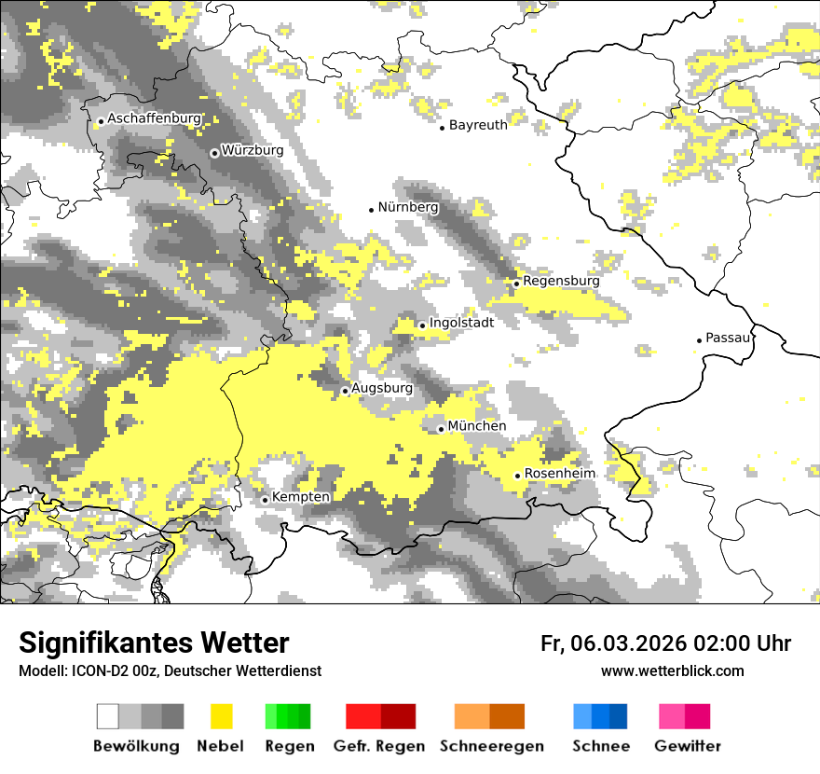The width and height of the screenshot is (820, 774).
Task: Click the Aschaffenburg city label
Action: click(154, 118)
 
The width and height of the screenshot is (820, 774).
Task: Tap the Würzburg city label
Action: click(252, 150)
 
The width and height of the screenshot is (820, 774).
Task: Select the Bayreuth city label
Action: click(478, 125)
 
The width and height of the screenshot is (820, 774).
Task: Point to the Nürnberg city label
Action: click(407, 207)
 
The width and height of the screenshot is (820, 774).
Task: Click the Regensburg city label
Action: click(561, 281)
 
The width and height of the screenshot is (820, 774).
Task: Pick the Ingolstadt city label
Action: click(461, 323)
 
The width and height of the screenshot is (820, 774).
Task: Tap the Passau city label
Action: click(728, 338)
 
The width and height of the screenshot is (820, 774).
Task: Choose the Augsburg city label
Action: click(382, 388)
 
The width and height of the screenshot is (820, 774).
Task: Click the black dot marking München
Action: click(441, 429)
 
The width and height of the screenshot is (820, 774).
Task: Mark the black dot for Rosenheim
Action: click(517, 476)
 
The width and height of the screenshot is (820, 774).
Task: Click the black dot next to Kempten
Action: click(265, 500)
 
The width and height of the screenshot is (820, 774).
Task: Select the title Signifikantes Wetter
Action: click(154, 643)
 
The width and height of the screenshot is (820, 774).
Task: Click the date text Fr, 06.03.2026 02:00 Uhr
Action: click(665, 643)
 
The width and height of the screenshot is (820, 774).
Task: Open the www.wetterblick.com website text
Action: click(672, 670)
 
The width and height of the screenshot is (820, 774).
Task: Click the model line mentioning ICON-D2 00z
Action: click(170, 670)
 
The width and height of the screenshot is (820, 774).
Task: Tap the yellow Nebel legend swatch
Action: click(221, 716)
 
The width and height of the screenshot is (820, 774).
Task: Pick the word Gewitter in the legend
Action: click(687, 746)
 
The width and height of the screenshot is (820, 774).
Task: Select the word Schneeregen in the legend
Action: click(492, 746)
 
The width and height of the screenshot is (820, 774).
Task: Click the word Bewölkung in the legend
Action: click(136, 746)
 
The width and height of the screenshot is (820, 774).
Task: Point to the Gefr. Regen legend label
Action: click(378, 746)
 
